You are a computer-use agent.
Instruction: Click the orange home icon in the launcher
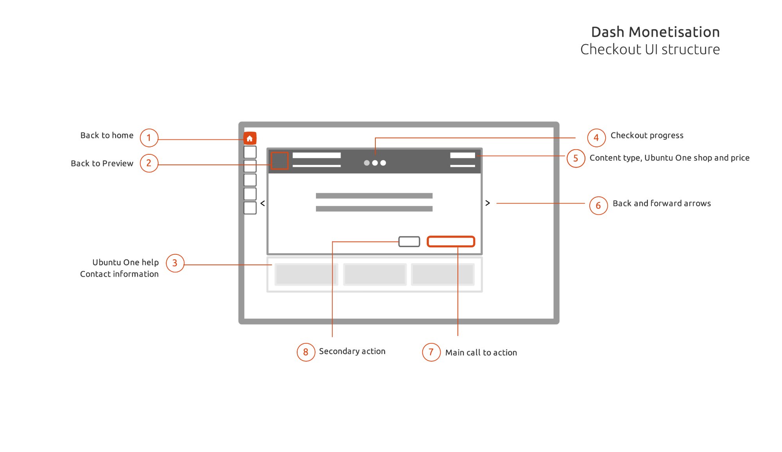click(250, 138)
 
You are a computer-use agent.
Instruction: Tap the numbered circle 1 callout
click(149, 138)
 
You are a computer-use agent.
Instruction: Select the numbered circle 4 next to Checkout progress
click(596, 138)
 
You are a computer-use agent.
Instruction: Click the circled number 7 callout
click(431, 352)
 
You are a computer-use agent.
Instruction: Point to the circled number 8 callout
click(306, 352)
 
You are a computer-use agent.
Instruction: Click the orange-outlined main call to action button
click(451, 241)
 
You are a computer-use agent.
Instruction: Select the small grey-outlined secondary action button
click(409, 241)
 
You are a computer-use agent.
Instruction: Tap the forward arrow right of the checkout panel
click(488, 203)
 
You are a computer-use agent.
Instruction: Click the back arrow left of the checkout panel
click(263, 203)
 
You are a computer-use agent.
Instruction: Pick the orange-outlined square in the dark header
click(280, 161)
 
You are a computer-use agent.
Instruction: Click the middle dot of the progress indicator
click(375, 163)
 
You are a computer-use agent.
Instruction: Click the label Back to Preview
click(102, 164)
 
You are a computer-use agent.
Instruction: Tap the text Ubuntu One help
click(126, 263)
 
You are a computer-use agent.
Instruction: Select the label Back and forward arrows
click(662, 204)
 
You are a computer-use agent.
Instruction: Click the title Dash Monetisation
click(655, 32)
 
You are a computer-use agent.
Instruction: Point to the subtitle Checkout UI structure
click(650, 50)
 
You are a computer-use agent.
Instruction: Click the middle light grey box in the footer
click(375, 274)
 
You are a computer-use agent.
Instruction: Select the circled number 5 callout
click(576, 158)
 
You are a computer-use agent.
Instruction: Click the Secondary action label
click(352, 351)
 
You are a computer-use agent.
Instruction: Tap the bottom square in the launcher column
click(250, 208)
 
